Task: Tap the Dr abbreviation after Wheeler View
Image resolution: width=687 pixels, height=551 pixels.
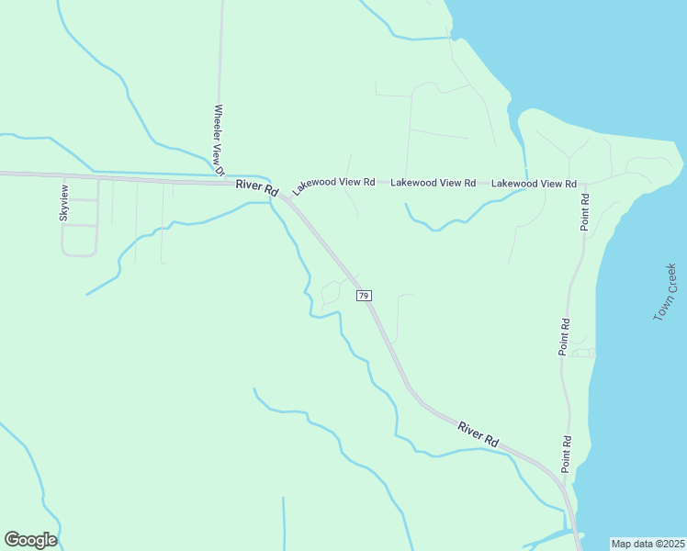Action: [220, 169]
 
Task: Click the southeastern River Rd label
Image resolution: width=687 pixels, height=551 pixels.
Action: [478, 433]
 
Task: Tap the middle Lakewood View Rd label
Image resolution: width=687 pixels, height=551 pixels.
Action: [433, 183]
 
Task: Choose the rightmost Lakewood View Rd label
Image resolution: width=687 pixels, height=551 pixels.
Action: [534, 184]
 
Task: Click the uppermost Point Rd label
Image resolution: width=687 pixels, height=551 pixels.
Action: [584, 212]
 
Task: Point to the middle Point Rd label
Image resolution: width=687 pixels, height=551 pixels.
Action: [565, 337]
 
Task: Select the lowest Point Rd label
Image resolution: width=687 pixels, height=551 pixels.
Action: [568, 454]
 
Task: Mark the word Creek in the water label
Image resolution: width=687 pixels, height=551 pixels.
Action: [671, 276]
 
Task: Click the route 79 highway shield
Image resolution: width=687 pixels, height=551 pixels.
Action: [365, 296]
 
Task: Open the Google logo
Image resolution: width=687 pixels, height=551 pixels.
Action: [30, 540]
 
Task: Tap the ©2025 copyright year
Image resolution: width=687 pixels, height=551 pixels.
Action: [670, 543]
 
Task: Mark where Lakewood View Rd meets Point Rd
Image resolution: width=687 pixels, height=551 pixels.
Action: [585, 184]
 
